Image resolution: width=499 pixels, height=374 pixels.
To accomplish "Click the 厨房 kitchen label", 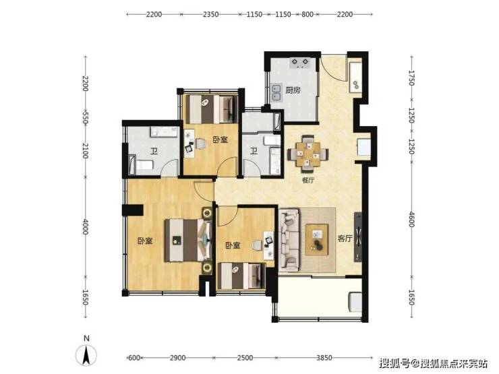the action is [293, 90].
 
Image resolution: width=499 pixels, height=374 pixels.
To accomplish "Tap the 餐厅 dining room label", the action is [308, 181].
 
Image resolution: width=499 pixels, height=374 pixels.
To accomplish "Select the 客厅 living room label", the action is [345, 238].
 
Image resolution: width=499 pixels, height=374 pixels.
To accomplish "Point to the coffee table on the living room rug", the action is [317, 239].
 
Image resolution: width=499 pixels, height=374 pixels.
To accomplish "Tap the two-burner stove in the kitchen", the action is [299, 63].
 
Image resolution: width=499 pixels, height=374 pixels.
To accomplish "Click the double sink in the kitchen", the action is [276, 92].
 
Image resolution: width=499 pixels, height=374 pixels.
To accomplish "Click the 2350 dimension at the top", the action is [210, 14].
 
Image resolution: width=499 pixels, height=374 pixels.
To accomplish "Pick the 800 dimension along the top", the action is [307, 14].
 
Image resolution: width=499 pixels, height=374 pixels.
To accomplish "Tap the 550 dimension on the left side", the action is [85, 117].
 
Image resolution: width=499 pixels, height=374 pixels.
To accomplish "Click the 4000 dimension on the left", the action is [85, 226].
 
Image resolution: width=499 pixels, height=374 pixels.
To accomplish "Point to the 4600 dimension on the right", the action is [411, 220].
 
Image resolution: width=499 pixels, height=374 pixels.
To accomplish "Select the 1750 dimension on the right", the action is [411, 78].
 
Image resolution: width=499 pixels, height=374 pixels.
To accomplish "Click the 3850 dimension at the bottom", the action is [324, 358].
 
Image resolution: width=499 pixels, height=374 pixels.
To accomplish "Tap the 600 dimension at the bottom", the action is [134, 358].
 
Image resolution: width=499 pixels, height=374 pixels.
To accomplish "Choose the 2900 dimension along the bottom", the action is [177, 358].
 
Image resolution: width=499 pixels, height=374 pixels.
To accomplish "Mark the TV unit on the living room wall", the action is [358, 237].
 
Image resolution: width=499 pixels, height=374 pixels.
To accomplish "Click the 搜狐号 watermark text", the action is [394, 363].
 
